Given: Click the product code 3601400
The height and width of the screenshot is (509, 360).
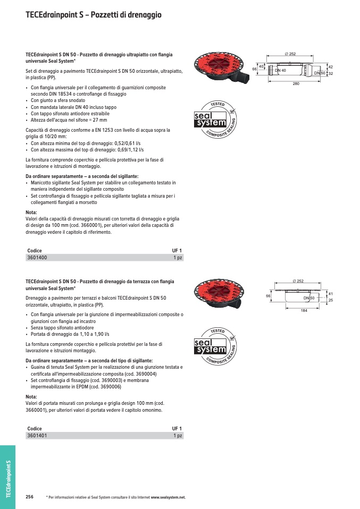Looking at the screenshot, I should tap(37, 258).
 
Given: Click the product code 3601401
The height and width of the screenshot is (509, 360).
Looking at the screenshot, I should tap(37, 436).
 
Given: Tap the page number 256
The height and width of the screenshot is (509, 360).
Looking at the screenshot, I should tap(30, 497).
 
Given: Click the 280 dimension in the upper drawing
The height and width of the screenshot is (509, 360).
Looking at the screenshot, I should tap(297, 84).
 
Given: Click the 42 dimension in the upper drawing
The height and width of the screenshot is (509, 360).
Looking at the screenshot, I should tap(330, 66).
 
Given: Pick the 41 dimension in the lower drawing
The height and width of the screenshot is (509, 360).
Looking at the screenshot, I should tap(330, 294).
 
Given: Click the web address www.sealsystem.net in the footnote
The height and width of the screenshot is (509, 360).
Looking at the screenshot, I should tap(168, 497).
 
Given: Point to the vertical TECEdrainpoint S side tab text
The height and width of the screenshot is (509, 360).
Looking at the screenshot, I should tap(8, 479).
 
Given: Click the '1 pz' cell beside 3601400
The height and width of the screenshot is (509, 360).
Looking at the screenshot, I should tap(178, 258).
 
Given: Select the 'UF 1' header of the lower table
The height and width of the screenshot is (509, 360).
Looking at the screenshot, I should tap(177, 428).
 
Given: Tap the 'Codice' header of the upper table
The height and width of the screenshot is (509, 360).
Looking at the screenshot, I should tap(35, 250).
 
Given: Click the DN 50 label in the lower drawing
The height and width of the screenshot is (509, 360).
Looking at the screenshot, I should tap(309, 298).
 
